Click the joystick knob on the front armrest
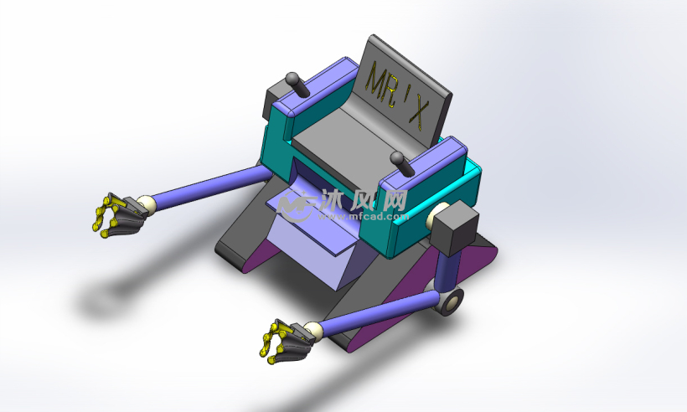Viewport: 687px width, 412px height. [x=398, y=159]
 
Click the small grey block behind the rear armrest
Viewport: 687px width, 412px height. [x=269, y=104]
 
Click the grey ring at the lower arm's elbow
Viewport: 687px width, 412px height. [x=450, y=300]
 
